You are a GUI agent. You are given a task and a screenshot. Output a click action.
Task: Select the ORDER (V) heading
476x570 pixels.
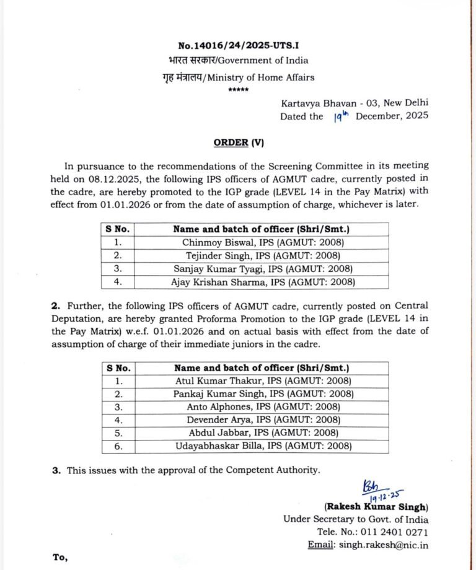pos(239,142)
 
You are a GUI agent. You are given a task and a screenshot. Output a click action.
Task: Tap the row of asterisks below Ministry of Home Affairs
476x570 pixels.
pos(239,90)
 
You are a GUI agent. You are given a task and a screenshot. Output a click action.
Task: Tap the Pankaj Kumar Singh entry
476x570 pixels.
pos(214,393)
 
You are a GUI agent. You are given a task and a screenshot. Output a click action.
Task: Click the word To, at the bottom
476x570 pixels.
pos(60,558)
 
